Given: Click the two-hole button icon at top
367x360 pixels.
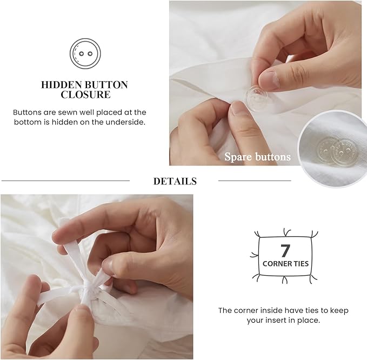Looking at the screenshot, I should [85, 53].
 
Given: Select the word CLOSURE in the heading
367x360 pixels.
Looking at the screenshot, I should [85, 95].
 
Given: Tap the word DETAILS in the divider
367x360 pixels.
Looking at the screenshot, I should [175, 181].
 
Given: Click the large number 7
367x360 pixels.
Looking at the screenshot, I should [285, 250].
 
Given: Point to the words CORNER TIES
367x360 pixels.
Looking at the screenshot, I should [285, 264].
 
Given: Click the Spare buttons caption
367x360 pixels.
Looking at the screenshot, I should [257, 157].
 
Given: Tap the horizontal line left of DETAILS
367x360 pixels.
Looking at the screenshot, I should [65, 181].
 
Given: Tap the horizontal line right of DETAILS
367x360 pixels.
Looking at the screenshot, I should [254, 181].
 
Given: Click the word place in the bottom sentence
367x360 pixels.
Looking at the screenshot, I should [321, 320].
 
